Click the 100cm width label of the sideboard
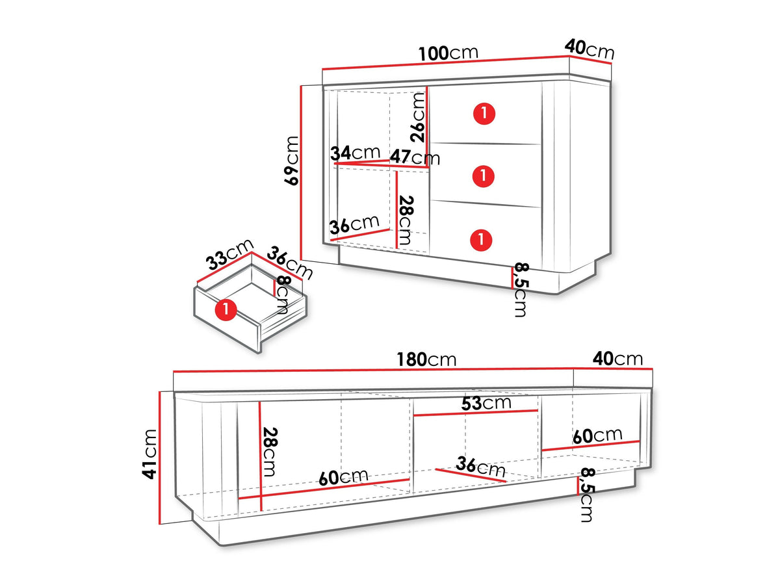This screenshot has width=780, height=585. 448,53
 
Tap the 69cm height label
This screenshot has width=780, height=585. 291,161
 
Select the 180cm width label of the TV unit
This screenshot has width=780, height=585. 426,359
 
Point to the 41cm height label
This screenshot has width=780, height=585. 149,454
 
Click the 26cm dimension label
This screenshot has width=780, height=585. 417,118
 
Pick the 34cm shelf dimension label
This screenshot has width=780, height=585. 355,153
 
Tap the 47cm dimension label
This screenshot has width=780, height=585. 415,157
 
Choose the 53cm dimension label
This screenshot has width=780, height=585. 486,403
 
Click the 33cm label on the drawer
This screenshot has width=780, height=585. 229,254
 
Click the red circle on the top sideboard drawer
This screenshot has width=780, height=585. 484,114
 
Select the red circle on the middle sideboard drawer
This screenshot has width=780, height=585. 484,175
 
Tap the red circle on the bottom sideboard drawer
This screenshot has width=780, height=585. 481,239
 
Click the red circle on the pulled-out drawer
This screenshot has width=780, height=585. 226,309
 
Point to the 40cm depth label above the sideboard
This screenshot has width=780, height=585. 589,49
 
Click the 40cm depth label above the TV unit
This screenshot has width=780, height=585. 617,359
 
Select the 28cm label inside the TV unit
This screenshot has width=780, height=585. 269,452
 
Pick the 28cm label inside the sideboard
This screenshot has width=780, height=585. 406,220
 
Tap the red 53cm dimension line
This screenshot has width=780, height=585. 476,413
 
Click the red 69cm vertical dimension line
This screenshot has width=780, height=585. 301,173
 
